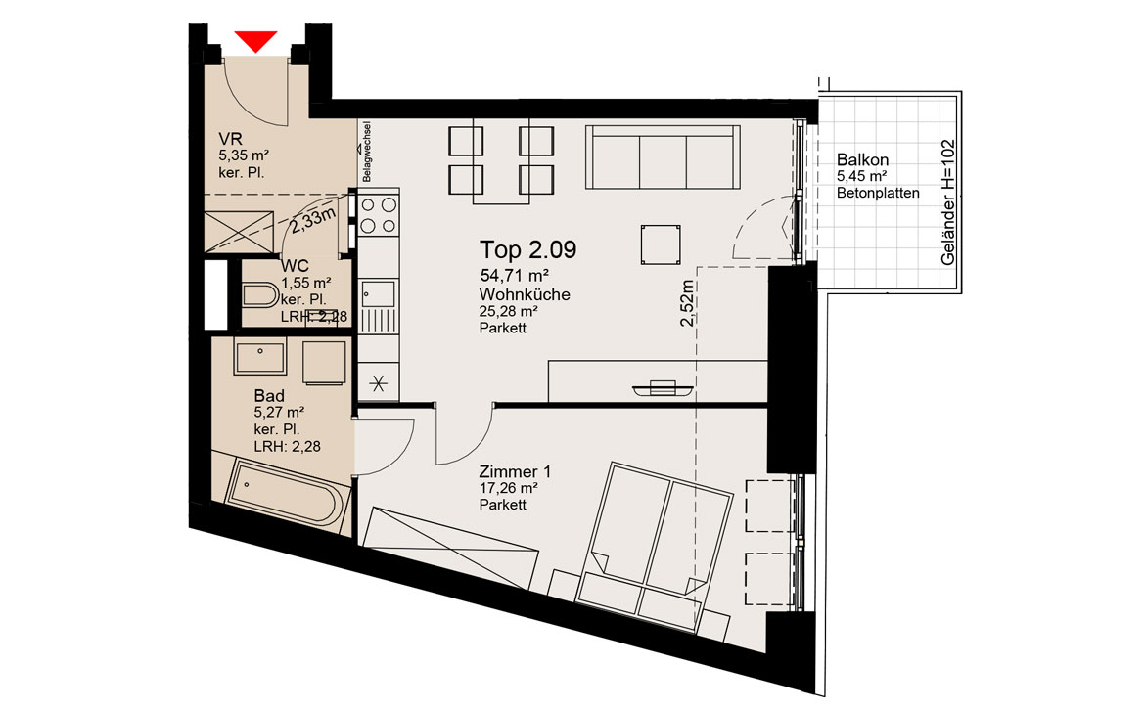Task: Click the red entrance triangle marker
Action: pyautogui.click(x=255, y=41)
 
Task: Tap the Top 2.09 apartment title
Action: pyautogui.click(x=527, y=249)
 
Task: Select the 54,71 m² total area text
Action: pyautogui.click(x=514, y=276)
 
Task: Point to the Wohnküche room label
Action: pyautogui.click(x=525, y=294)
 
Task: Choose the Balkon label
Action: pyautogui.click(x=862, y=159)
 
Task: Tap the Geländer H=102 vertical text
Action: pyautogui.click(x=948, y=202)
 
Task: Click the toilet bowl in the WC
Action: pyautogui.click(x=260, y=296)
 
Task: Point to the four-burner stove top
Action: pyautogui.click(x=379, y=215)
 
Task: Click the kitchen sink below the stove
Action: pyautogui.click(x=379, y=294)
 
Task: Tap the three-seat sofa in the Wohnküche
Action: pyautogui.click(x=664, y=156)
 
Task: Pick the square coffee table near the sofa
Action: pyautogui.click(x=661, y=244)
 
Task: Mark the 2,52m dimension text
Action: pyautogui.click(x=687, y=303)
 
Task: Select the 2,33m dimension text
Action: pyautogui.click(x=312, y=220)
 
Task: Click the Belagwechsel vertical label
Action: pyautogui.click(x=366, y=152)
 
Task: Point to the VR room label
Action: pyautogui.click(x=230, y=139)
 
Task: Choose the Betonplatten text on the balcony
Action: pyautogui.click(x=878, y=194)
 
